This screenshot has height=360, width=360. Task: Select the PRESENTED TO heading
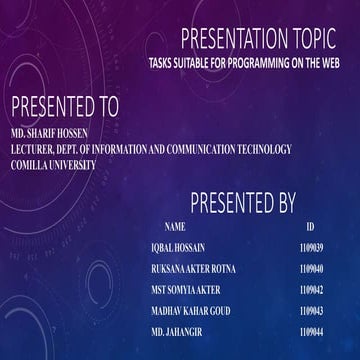coord(64,107)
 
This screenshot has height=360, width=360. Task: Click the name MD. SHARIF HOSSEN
coord(49,132)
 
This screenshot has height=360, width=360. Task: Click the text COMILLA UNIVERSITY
coord(53,164)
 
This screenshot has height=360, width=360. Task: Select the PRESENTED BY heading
coord(242,205)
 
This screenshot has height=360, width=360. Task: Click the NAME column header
coord(175,227)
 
